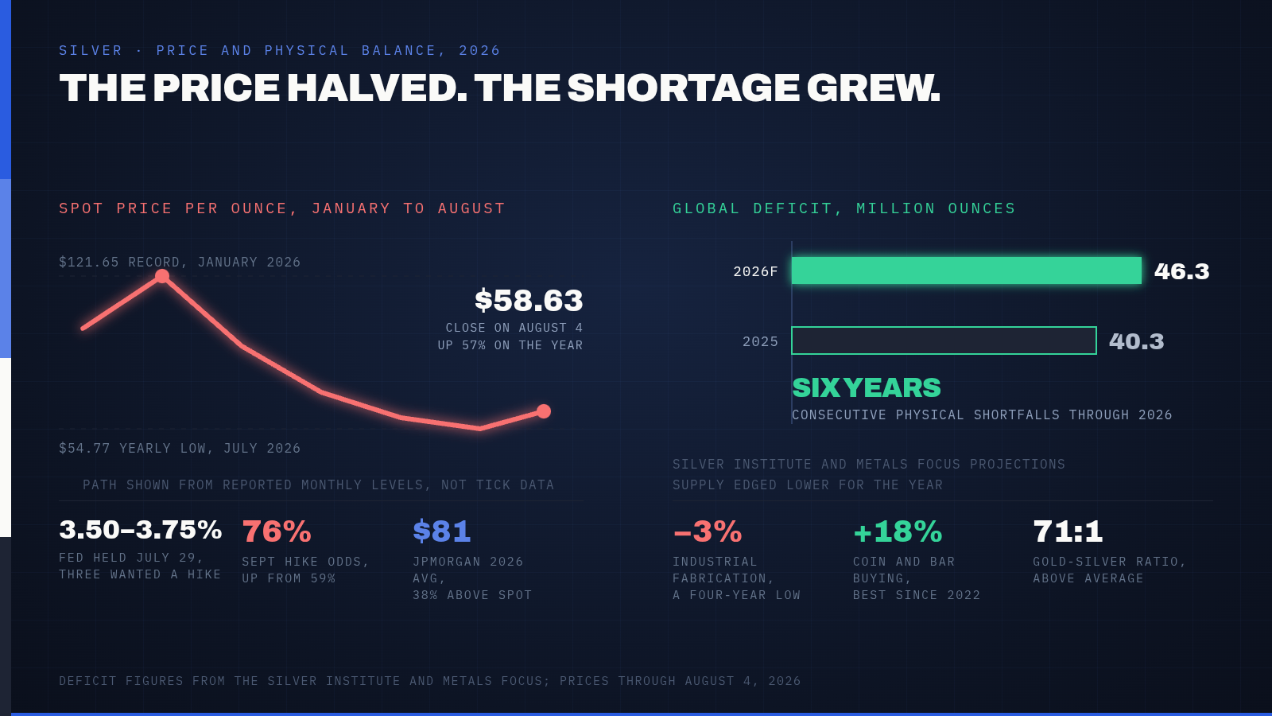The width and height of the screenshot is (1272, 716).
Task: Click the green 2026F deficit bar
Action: tap(967, 270)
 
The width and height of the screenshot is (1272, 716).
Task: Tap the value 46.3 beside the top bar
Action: tap(1181, 271)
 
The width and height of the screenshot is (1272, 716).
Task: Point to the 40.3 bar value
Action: tap(1136, 341)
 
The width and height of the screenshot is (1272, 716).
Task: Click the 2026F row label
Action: tap(755, 271)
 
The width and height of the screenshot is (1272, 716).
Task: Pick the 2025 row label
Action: tap(760, 341)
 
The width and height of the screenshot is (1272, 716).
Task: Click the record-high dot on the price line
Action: tap(162, 276)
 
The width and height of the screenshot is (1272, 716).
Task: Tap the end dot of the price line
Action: tap(544, 411)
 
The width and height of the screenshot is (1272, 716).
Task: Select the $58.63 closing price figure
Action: tap(529, 301)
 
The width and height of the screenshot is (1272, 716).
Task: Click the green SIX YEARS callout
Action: tap(867, 388)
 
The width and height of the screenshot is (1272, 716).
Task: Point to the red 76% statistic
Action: tap(277, 532)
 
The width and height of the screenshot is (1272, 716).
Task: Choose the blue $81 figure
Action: tap(442, 531)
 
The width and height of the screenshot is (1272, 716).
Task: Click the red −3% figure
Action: tap(707, 532)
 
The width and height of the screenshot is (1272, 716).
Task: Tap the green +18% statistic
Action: tap(898, 532)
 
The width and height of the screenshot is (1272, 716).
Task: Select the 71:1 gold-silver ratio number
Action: tap(1068, 532)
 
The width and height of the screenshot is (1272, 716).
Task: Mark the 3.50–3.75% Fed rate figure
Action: tap(140, 530)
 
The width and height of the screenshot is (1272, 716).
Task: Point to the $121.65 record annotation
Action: tap(180, 262)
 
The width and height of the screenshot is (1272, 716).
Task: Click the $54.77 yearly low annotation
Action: tap(180, 449)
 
